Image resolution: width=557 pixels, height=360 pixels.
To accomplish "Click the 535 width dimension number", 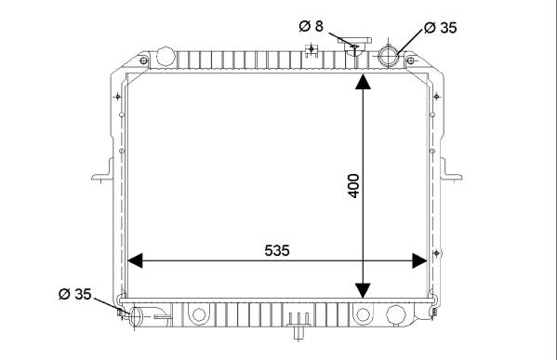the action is [x=277, y=250].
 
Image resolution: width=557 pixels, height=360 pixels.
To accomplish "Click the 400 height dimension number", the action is [x=353, y=185].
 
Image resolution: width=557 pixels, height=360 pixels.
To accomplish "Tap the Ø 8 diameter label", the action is [x=312, y=26].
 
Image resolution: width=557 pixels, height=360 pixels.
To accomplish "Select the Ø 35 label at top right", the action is [x=441, y=27].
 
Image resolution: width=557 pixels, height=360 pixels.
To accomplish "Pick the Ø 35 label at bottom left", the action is [x=75, y=294].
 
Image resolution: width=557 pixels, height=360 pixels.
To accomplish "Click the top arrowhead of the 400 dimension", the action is [x=363, y=81].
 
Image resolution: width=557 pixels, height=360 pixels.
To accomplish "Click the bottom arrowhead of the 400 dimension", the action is [x=363, y=290].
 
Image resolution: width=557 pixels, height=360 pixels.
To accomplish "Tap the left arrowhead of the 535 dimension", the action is [x=135, y=260].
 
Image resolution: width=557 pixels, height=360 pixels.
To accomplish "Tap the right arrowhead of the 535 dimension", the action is [x=419, y=260].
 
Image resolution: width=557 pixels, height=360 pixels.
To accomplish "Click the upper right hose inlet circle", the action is [x=389, y=56].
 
